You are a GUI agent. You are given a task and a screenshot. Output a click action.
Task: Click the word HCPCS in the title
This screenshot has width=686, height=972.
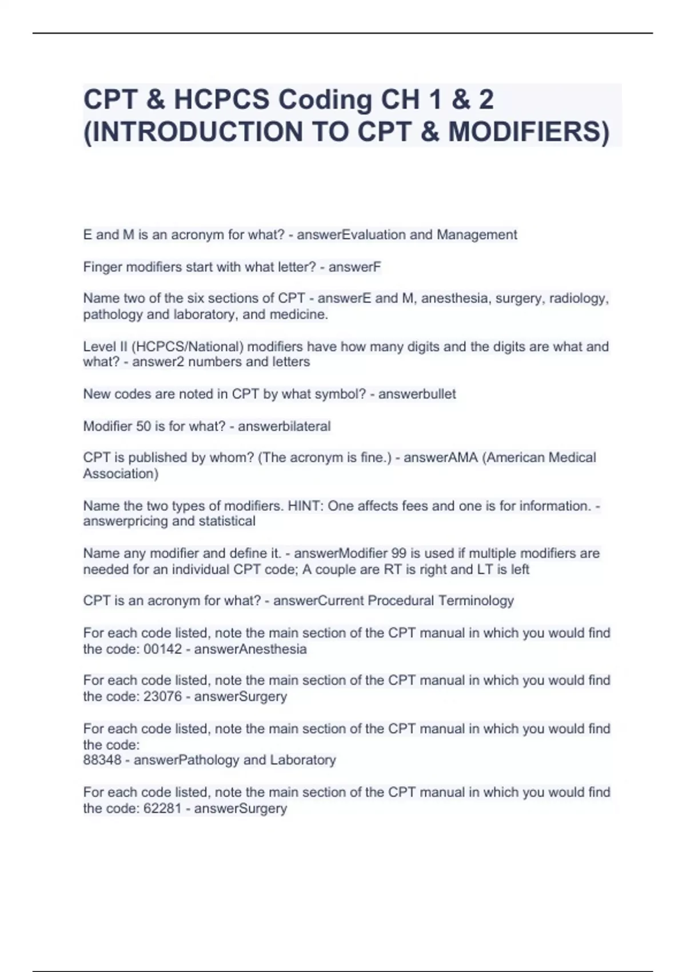[x=221, y=99]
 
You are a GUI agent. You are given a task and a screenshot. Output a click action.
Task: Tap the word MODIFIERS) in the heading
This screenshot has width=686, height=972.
[x=529, y=132]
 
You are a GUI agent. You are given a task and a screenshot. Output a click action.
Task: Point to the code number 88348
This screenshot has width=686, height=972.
[x=102, y=760]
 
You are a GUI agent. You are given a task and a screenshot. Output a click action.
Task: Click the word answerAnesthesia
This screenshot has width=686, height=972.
[x=250, y=649]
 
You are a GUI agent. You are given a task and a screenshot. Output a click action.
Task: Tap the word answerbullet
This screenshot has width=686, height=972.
[x=417, y=394]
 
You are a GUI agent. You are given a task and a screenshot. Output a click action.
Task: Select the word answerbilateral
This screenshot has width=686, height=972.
[x=284, y=426]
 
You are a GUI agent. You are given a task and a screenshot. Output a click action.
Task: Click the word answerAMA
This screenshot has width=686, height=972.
[x=440, y=457]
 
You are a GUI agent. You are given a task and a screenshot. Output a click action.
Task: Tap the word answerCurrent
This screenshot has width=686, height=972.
[x=318, y=600]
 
